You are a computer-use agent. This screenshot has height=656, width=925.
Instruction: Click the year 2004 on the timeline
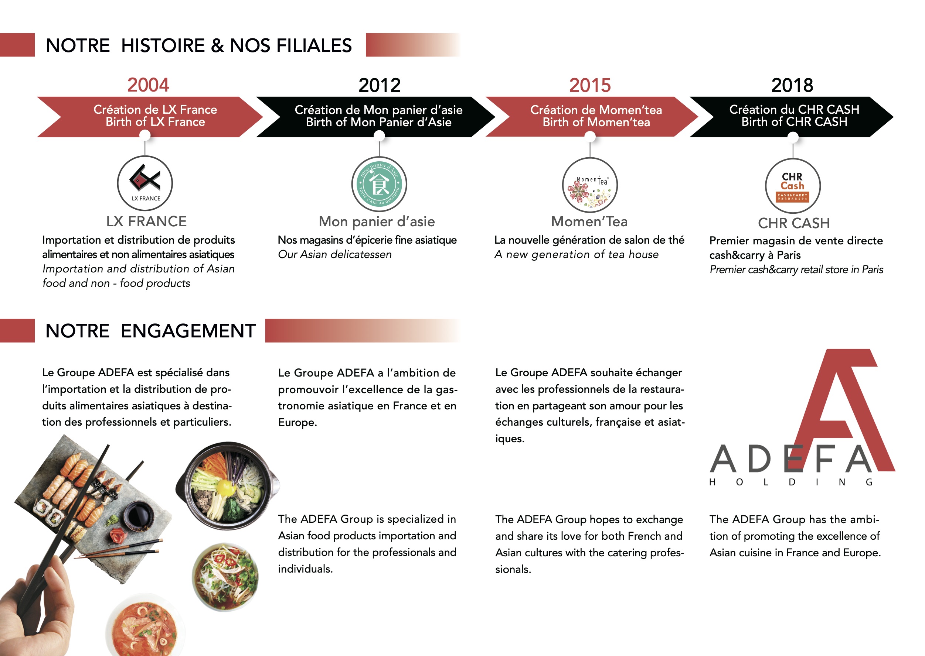pyautogui.click(x=148, y=85)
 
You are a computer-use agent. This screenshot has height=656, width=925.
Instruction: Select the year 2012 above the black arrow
pyautogui.click(x=379, y=85)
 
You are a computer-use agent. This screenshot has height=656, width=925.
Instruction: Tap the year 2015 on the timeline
pyautogui.click(x=590, y=85)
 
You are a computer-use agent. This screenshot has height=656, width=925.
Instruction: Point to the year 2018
pyautogui.click(x=792, y=85)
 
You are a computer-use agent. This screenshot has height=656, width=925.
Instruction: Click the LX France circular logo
pyautogui.click(x=145, y=183)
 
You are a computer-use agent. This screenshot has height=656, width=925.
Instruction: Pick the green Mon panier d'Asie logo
pyautogui.click(x=379, y=184)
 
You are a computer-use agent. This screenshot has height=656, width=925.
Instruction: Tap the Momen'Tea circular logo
pyautogui.click(x=590, y=185)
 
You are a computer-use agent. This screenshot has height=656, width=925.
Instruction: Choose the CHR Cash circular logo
pyautogui.click(x=793, y=186)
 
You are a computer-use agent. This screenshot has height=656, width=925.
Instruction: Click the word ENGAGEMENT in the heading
pyautogui.click(x=188, y=331)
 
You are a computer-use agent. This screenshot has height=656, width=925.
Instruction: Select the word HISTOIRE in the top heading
pyautogui.click(x=163, y=45)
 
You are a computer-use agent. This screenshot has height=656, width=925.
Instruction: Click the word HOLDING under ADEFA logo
pyautogui.click(x=791, y=482)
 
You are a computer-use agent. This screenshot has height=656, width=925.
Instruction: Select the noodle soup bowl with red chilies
pyautogui.click(x=225, y=577)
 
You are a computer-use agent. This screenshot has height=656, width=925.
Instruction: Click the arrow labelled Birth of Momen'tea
pyautogui.click(x=592, y=116)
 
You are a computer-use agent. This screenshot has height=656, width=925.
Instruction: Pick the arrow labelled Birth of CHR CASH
pyautogui.click(x=792, y=117)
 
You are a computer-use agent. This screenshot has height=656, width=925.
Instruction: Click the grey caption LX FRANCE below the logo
pyautogui.click(x=146, y=221)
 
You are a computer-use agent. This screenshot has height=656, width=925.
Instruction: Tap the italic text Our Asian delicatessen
pyautogui.click(x=335, y=254)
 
